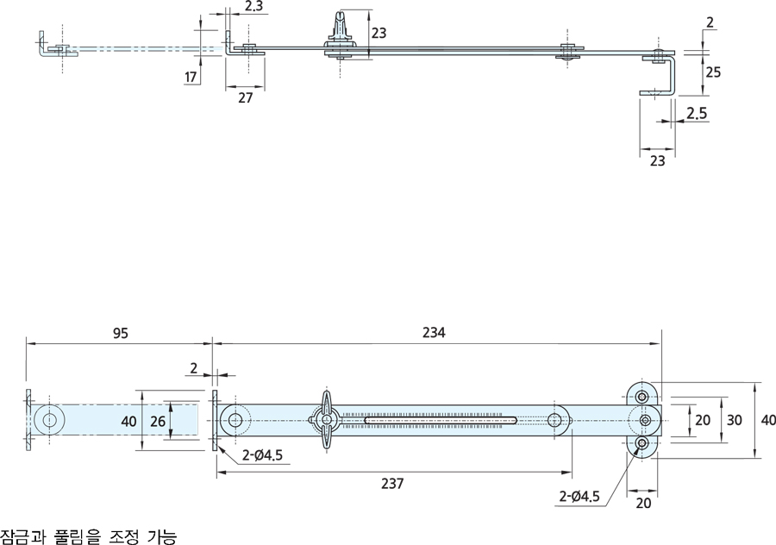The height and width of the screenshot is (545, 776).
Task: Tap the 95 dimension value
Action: pyautogui.click(x=120, y=333)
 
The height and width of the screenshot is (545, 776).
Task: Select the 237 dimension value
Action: pyautogui.click(x=392, y=483)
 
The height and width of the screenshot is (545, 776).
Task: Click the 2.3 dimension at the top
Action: pyautogui.click(x=253, y=7)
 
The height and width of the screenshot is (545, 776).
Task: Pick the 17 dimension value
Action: pyautogui.click(x=191, y=78)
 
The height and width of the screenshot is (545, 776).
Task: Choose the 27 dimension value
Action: pyautogui.click(x=246, y=97)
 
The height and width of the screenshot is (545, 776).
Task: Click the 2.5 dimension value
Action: pyautogui.click(x=698, y=113)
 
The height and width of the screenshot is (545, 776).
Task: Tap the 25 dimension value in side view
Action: pyautogui.click(x=713, y=72)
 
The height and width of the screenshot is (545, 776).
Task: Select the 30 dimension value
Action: pyautogui.click(x=734, y=420)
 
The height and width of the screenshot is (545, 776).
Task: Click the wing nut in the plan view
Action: pyautogui.click(x=328, y=421)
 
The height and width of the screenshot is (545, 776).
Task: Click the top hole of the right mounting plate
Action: pyautogui.click(x=642, y=398)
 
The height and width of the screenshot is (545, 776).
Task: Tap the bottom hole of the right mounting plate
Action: pyautogui.click(x=642, y=443)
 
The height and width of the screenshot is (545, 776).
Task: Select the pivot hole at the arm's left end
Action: pyautogui.click(x=235, y=421)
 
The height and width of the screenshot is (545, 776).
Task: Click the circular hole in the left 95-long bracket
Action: pyautogui.click(x=49, y=421)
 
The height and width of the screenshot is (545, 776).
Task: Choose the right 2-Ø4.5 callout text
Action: pyautogui.click(x=582, y=497)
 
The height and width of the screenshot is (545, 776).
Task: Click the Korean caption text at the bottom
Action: pyautogui.click(x=89, y=536)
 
